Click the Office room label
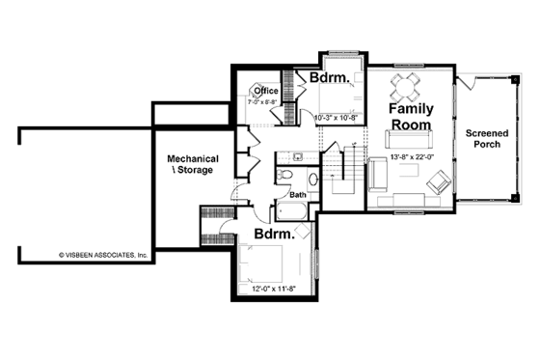click(266, 92)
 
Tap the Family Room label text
click(410, 119)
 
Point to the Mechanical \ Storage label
click(193, 164)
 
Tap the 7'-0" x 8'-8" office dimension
click(263, 101)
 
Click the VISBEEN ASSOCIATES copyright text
click(102, 256)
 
